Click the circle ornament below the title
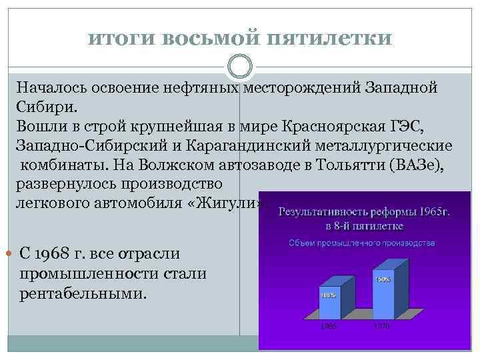(240, 67)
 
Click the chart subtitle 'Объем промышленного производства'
(361, 243)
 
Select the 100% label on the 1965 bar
(328, 294)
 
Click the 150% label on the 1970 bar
(383, 279)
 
